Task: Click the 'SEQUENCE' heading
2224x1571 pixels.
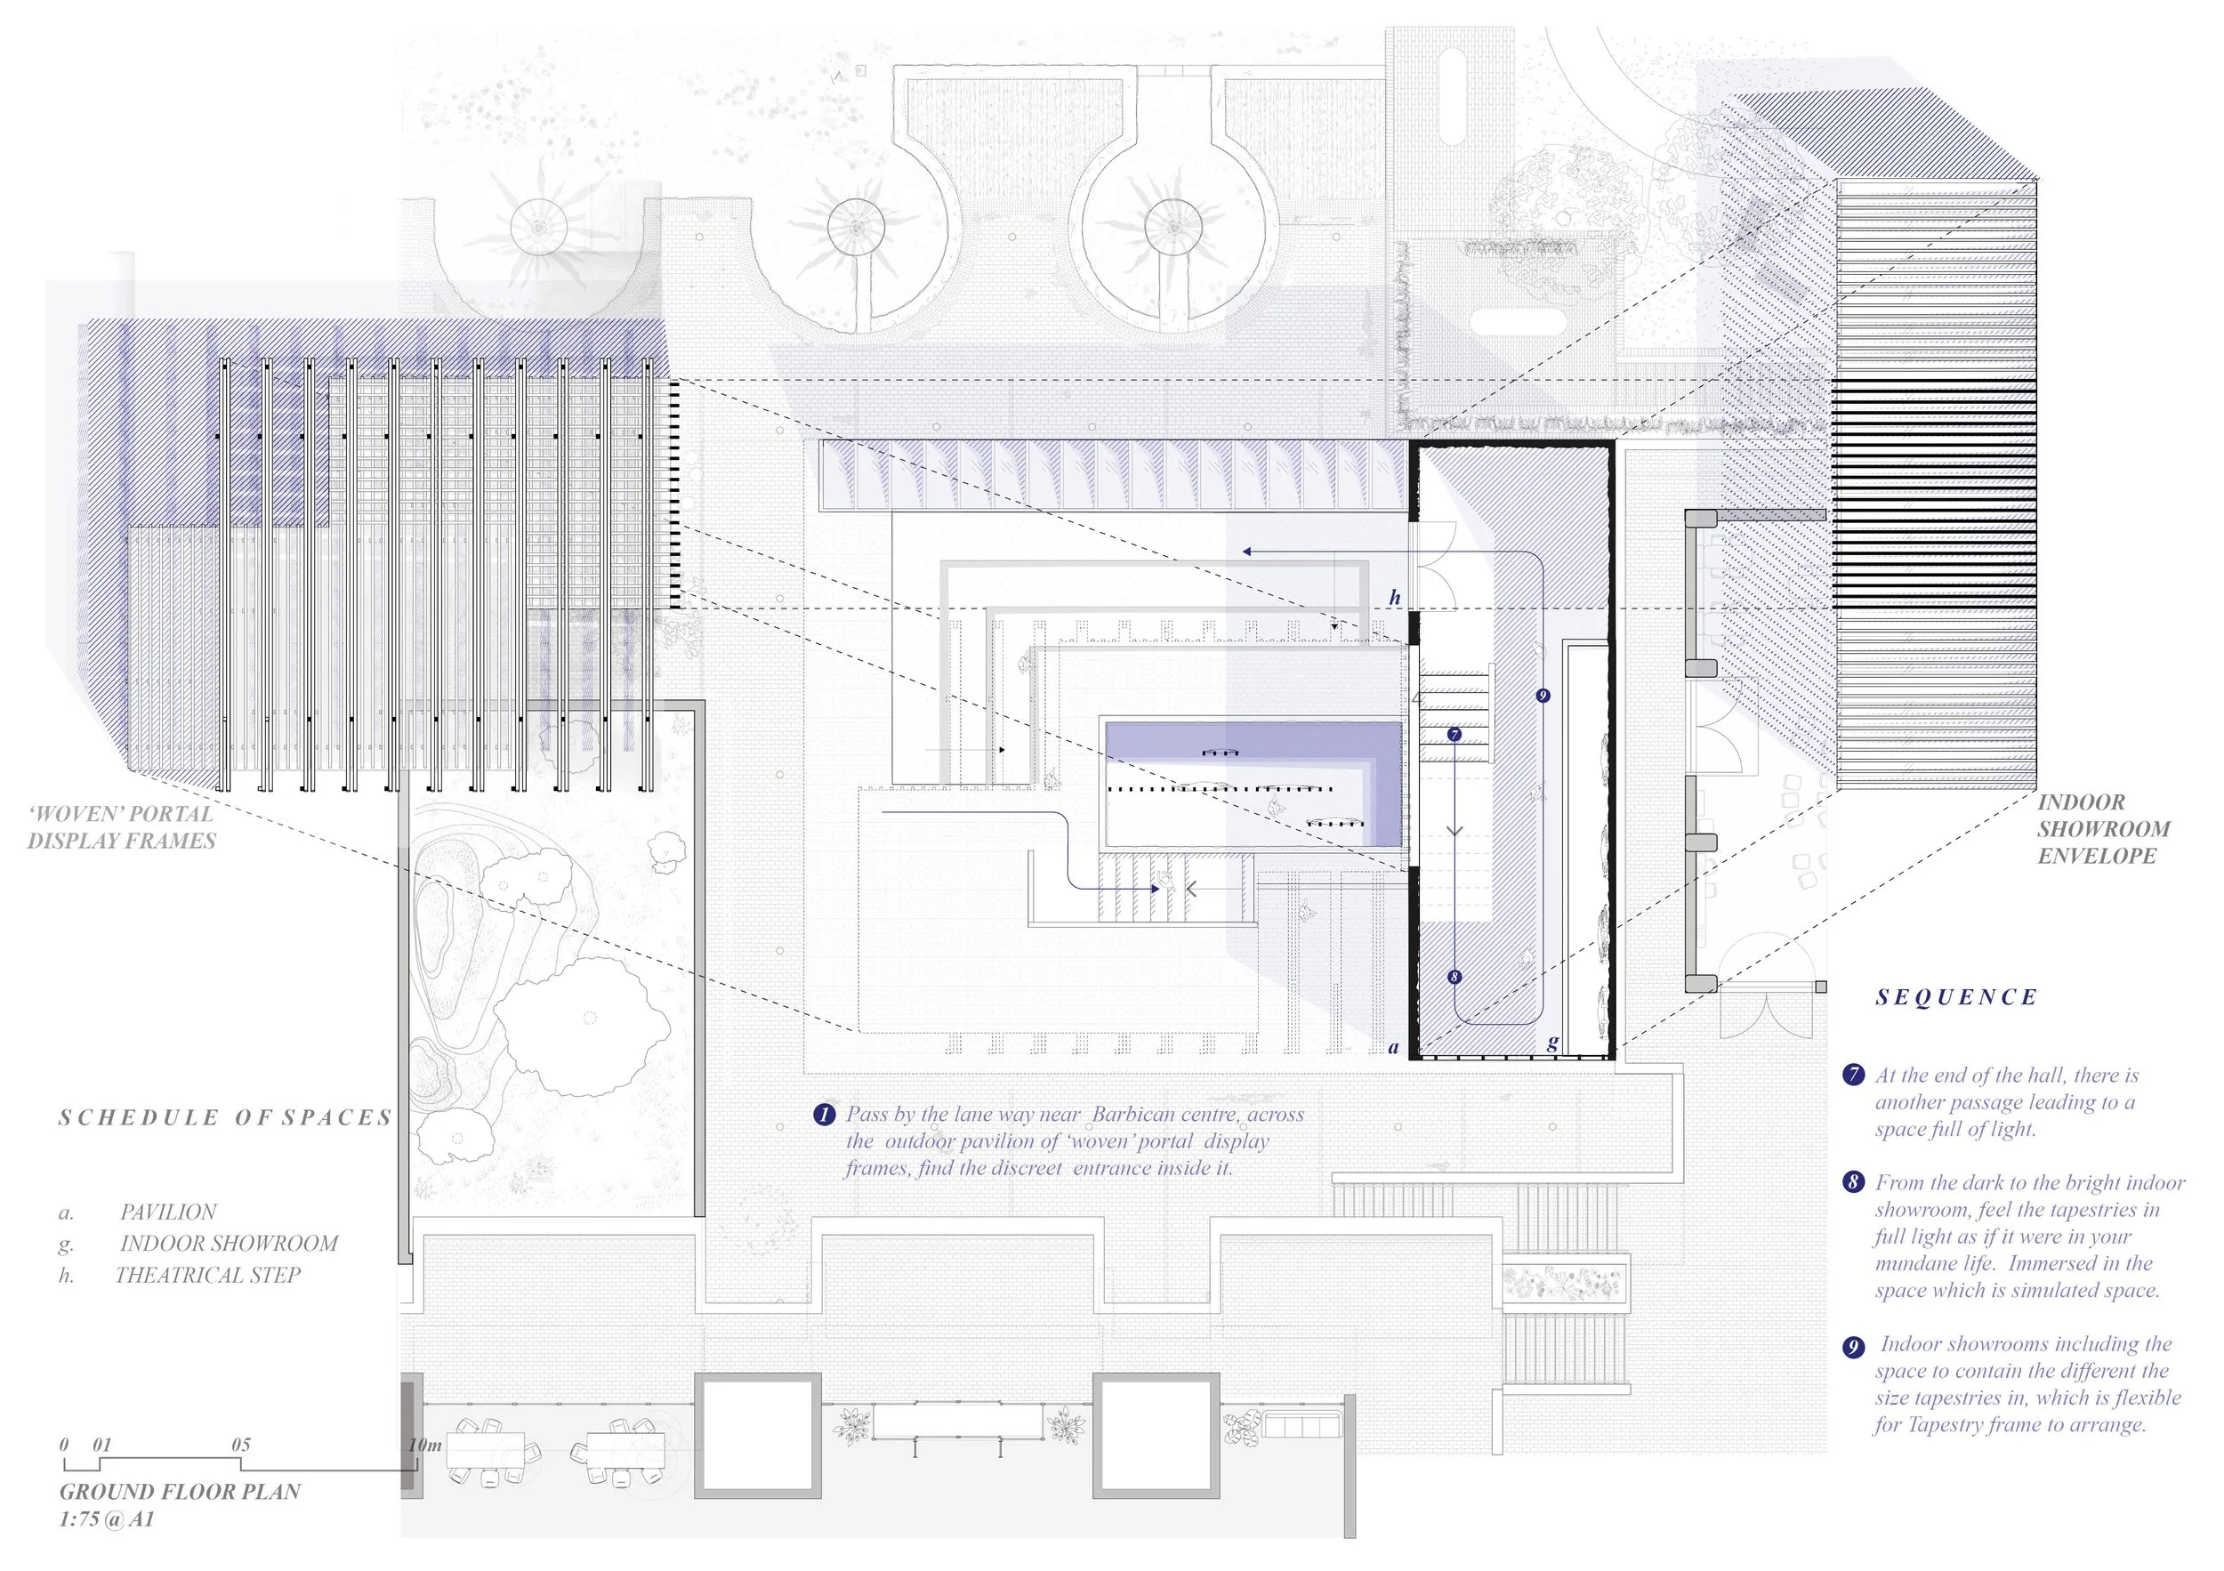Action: click(1955, 997)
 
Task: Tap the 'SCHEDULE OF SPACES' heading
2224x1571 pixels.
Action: click(225, 1117)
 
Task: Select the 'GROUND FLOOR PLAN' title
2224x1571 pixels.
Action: click(181, 1492)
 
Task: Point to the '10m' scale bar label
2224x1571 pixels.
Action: click(425, 1445)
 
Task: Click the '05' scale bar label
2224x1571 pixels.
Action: click(241, 1445)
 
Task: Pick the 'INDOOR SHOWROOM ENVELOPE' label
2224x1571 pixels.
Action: click(2103, 829)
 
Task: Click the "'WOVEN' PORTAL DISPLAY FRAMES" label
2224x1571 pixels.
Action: click(121, 827)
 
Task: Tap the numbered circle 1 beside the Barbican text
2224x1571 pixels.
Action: click(825, 1115)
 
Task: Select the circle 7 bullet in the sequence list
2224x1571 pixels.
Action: click(1853, 1076)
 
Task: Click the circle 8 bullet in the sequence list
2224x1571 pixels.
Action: click(1853, 1182)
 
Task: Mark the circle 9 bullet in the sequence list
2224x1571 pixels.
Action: click(1853, 1347)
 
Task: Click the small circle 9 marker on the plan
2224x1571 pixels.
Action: click(1543, 696)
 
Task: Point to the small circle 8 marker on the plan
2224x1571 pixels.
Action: click(1454, 978)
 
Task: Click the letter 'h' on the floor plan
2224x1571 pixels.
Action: click(1395, 598)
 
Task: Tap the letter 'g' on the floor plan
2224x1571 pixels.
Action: click(1552, 1043)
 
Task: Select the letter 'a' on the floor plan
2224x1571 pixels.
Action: click(1394, 1047)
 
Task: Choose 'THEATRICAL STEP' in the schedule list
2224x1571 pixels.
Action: click(208, 1275)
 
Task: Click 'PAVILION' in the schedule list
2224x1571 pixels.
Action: click(168, 1212)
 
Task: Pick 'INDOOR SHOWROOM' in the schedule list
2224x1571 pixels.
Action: click(230, 1243)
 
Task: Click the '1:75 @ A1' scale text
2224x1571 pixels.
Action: click(107, 1519)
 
